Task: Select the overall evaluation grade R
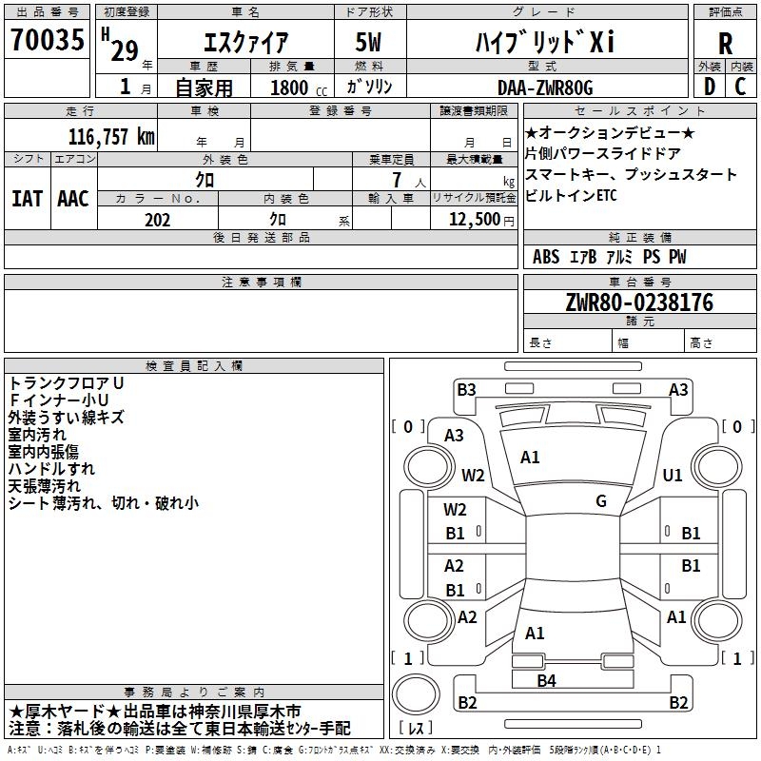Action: pyautogui.click(x=725, y=43)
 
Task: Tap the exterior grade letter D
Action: pyautogui.click(x=709, y=87)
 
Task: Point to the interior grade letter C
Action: pyautogui.click(x=740, y=87)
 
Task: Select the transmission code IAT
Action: pyautogui.click(x=26, y=198)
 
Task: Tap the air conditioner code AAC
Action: pyautogui.click(x=73, y=198)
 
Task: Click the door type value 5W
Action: pyautogui.click(x=368, y=43)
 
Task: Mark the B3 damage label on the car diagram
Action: pyautogui.click(x=465, y=389)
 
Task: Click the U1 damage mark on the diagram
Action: pyautogui.click(x=673, y=475)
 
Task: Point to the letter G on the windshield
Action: pyautogui.click(x=601, y=501)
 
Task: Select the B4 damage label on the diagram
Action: pyautogui.click(x=546, y=679)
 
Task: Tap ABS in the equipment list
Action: pyautogui.click(x=546, y=257)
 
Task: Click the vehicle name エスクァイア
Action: pyautogui.click(x=246, y=43)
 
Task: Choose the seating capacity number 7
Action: pyautogui.click(x=395, y=180)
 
